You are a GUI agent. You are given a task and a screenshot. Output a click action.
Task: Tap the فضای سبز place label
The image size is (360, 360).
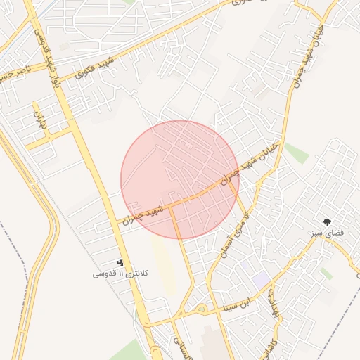328,232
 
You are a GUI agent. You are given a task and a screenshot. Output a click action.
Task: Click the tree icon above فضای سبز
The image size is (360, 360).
328,221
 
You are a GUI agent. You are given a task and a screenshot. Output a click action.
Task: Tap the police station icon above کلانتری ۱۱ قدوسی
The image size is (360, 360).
120,262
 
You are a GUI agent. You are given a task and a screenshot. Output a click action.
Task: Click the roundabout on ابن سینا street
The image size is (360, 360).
201,309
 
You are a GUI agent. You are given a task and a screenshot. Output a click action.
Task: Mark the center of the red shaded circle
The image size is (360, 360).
180,180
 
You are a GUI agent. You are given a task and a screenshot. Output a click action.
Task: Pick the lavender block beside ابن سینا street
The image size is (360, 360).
261,279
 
